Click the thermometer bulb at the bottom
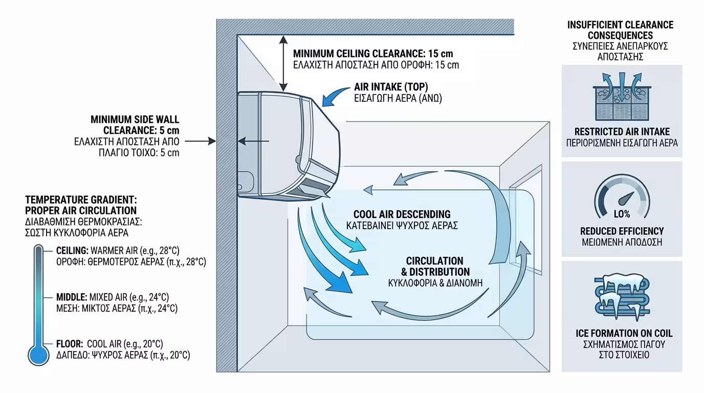click(38, 354)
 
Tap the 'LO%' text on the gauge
click(622, 213)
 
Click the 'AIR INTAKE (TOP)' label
click(391, 86)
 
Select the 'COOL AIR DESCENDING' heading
click(402, 214)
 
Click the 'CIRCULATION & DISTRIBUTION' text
click(434, 266)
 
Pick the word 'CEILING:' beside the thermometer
click(72, 251)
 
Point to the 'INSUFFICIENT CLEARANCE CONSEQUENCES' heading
click(620, 30)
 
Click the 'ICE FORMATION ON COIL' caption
click(624, 334)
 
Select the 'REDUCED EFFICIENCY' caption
click(622, 231)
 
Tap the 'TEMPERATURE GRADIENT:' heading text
click(81, 200)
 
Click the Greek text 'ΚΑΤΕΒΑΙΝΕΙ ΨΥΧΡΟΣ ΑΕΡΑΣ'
click(402, 226)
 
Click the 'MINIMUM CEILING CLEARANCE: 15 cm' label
click(373, 54)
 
